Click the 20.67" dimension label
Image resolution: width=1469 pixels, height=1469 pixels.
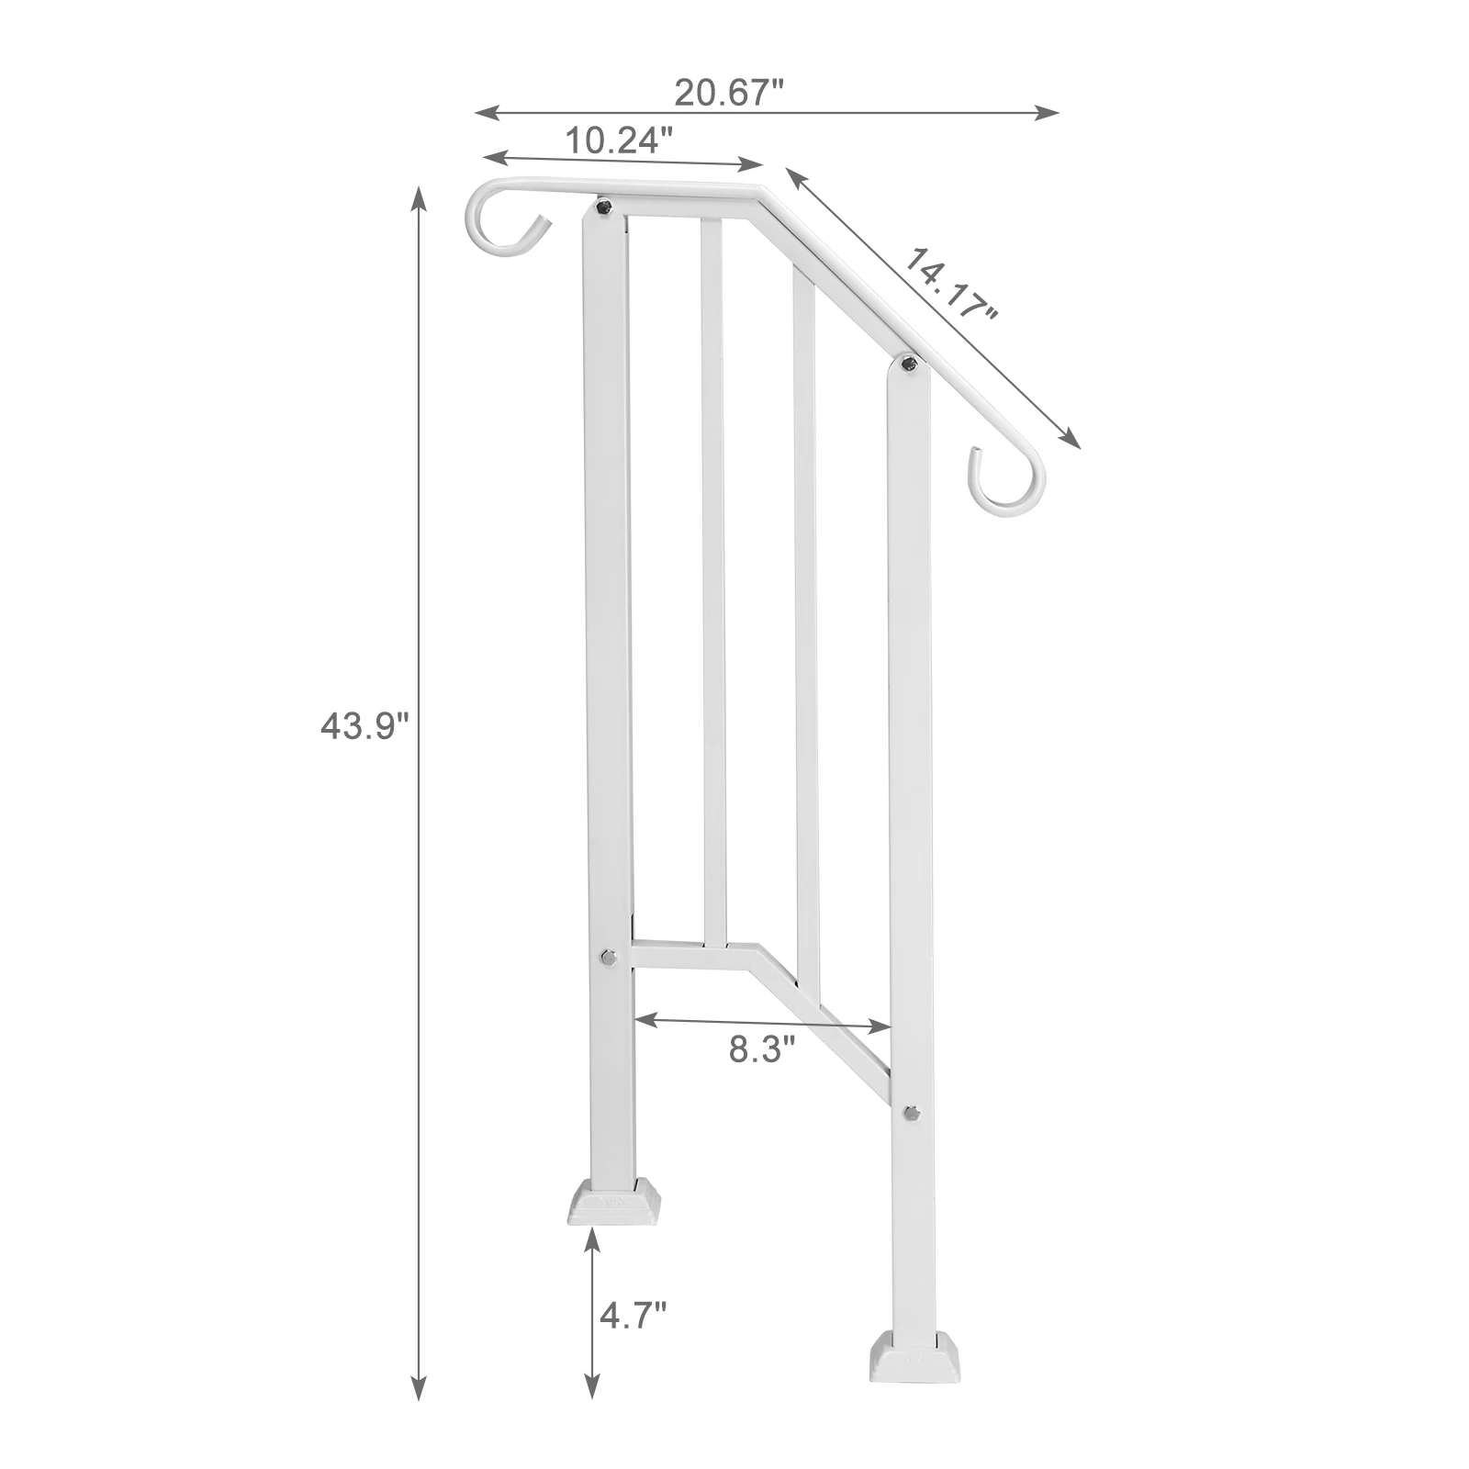point(729,93)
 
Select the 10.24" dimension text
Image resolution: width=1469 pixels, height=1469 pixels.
point(618,140)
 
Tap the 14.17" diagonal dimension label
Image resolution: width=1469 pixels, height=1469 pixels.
point(951,285)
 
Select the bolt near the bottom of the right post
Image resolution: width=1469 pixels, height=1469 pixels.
point(910,1113)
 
